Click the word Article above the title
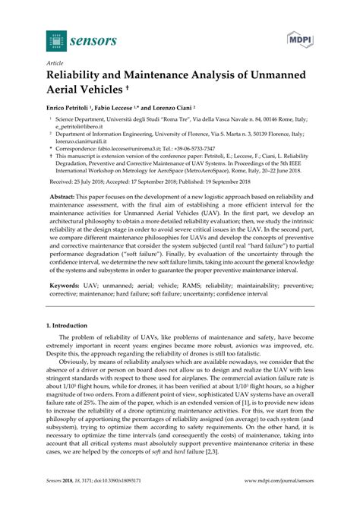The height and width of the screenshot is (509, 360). pos(55,65)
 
